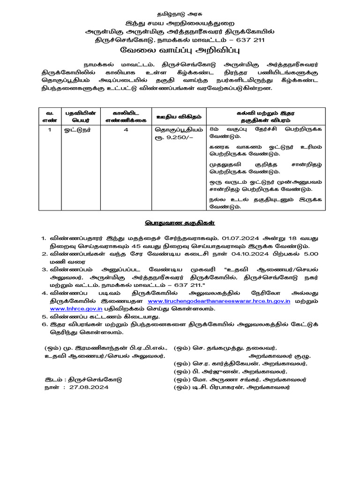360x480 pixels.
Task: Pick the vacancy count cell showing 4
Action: [x=126, y=130]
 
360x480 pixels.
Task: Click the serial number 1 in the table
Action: [x=49, y=130]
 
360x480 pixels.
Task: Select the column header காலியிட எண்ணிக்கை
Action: [x=125, y=116]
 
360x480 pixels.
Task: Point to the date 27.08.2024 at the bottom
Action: [x=89, y=388]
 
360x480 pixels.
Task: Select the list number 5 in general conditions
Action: [x=44, y=316]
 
